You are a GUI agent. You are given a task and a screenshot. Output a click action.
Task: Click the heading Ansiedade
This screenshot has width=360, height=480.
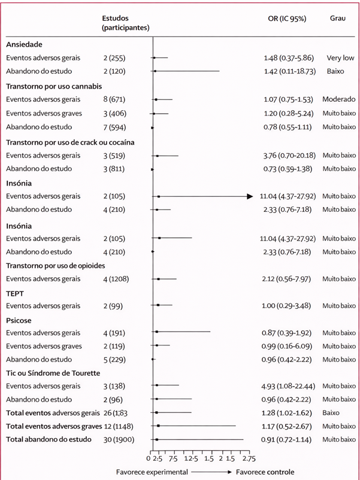[x=24, y=44]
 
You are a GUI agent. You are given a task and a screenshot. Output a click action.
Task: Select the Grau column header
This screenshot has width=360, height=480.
[x=337, y=19]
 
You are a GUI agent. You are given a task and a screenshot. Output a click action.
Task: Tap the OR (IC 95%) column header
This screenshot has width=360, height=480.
[x=286, y=19]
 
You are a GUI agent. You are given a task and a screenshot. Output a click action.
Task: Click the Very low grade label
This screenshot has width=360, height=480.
[x=340, y=58]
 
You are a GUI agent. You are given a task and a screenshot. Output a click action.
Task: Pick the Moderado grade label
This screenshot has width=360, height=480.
[x=338, y=99]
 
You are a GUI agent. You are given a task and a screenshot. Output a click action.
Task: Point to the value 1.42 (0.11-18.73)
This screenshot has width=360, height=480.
[x=289, y=71]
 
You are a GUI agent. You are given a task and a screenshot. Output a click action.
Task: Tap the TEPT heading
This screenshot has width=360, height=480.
[x=15, y=293]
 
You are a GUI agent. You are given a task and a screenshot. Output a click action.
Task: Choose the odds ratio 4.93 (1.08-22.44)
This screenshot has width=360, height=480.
[x=289, y=386]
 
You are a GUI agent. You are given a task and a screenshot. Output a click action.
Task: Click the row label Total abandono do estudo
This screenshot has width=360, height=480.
[x=49, y=439]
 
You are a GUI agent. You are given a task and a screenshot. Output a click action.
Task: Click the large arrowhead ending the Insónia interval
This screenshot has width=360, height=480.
[x=249, y=196]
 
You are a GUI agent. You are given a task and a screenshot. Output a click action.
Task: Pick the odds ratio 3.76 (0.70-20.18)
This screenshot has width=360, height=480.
[x=289, y=156]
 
